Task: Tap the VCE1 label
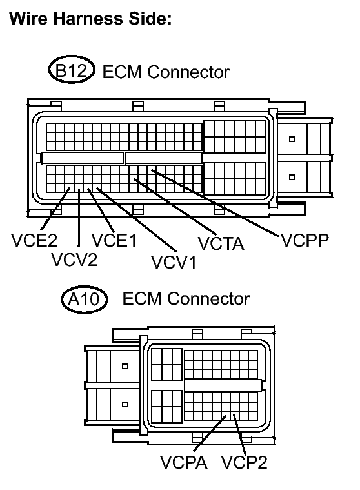[114, 241]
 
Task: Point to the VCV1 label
[174, 262]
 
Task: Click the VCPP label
[305, 241]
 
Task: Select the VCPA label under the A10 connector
[184, 463]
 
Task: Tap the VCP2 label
[244, 463]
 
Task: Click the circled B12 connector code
[72, 71]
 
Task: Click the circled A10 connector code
[86, 300]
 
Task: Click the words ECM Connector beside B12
[166, 72]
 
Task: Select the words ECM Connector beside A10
[185, 300]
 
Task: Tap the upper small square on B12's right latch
[292, 138]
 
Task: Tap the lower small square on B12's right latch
[292, 176]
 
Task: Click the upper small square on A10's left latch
[125, 367]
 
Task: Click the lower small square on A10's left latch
[125, 404]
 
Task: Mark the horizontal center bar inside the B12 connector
[83, 158]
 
